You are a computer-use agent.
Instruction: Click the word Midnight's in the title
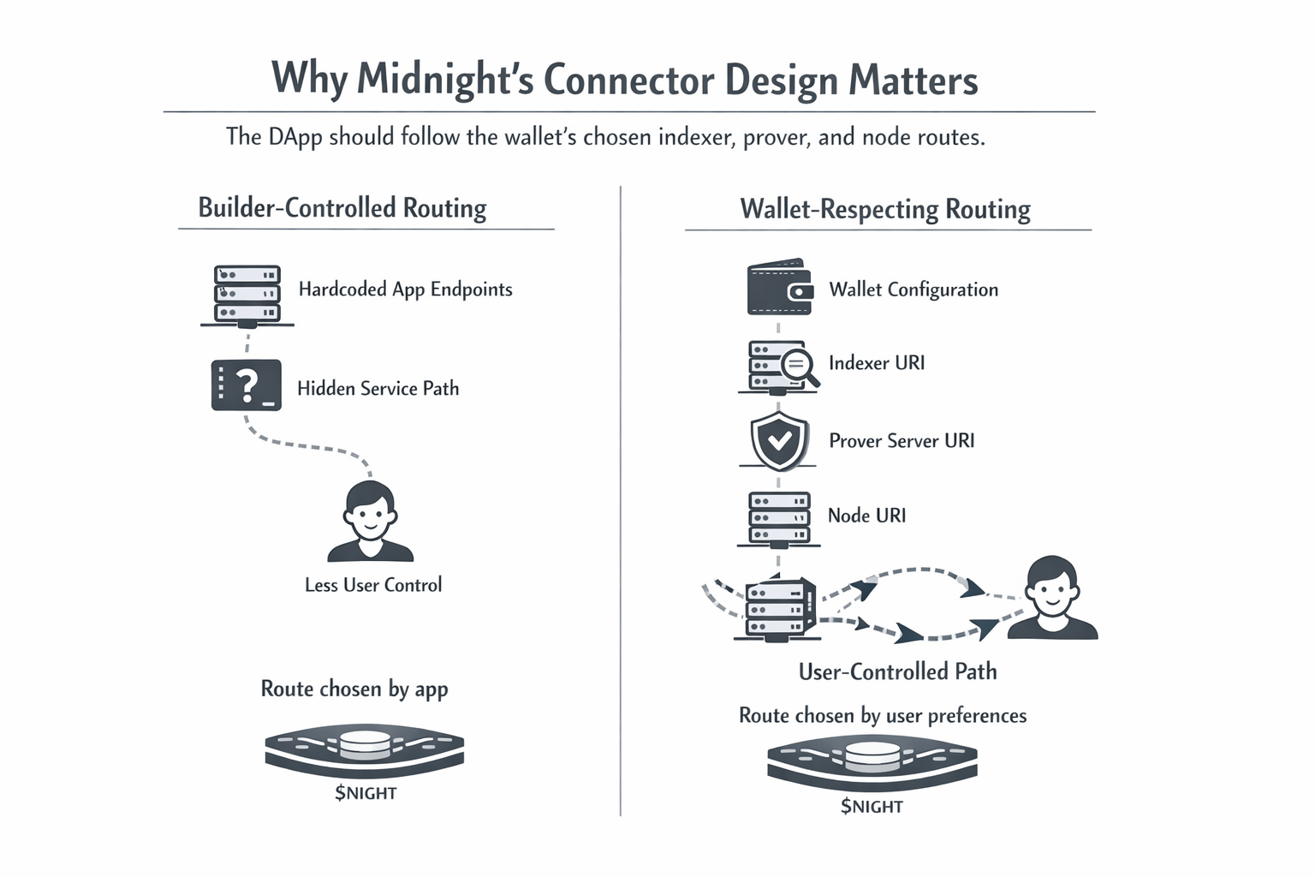[444, 80]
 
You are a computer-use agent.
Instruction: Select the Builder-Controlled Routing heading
[342, 208]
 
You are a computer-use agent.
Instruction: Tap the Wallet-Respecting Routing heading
[885, 210]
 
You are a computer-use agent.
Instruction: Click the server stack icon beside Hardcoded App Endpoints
[247, 295]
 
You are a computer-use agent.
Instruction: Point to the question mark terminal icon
[247, 385]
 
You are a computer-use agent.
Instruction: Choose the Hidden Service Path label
[378, 389]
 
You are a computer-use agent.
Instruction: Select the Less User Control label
[373, 585]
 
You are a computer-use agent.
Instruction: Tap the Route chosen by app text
[354, 689]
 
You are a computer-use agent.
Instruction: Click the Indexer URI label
[877, 363]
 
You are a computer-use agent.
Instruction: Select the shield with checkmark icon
[779, 440]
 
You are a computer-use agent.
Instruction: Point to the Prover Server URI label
[901, 441]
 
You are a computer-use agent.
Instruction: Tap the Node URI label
[866, 516]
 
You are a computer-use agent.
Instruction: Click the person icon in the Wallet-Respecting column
[1052, 599]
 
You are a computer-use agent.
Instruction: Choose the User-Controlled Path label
[897, 671]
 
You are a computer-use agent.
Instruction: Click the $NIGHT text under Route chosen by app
[366, 793]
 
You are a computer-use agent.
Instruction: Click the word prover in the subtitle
[775, 137]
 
